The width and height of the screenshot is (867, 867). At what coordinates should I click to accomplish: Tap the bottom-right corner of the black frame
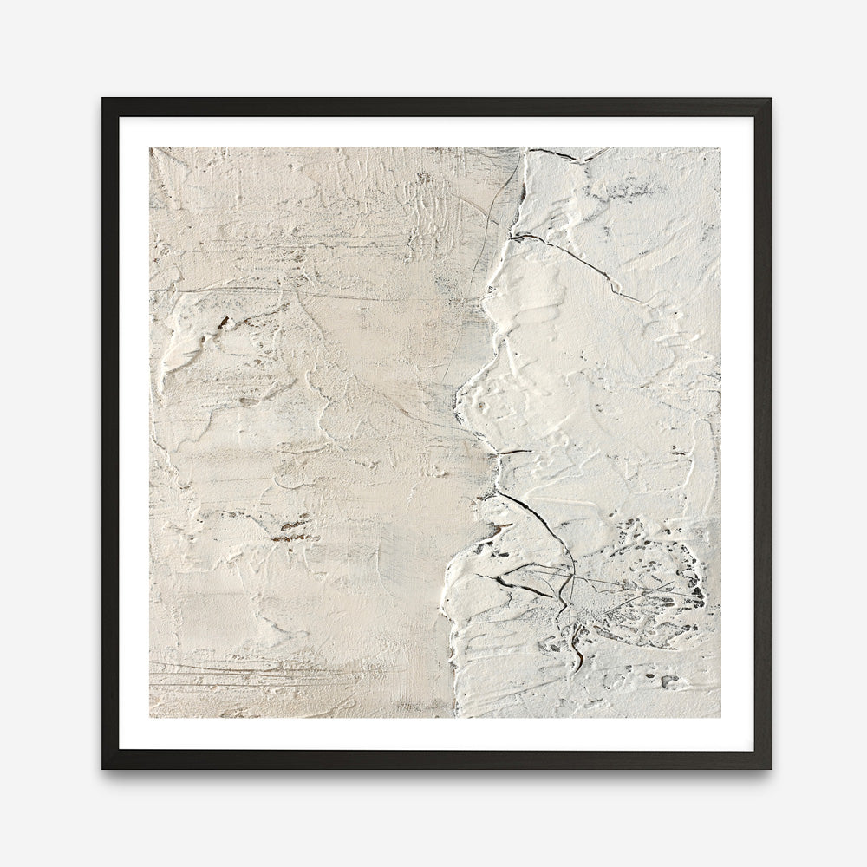point(769,767)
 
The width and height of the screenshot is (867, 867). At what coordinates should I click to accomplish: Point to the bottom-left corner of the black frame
point(104,767)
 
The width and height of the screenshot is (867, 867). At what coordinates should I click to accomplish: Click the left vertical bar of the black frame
point(110,433)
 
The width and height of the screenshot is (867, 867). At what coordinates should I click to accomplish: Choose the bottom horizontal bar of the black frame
point(433,759)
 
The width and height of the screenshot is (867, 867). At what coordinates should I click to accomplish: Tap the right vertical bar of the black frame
point(763,433)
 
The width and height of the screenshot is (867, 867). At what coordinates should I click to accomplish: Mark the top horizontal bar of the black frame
point(433,107)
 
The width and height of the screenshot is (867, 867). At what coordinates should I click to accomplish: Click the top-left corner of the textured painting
point(150,147)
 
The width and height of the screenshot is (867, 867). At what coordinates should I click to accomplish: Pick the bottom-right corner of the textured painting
point(720,718)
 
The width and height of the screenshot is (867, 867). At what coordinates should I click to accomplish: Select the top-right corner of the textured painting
point(720,147)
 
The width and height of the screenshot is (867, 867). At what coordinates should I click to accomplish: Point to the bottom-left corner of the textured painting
point(150,718)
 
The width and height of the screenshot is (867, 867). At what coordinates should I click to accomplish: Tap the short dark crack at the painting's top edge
point(551,153)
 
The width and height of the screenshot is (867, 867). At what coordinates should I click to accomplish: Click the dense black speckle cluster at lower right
point(689,581)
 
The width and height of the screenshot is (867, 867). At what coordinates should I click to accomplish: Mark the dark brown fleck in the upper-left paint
point(224,323)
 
